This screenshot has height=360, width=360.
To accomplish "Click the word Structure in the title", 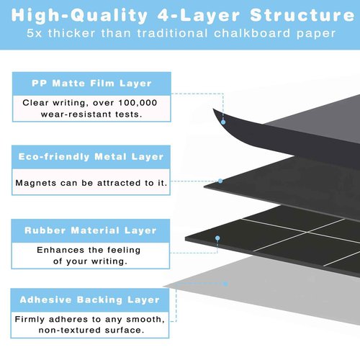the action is (302, 15).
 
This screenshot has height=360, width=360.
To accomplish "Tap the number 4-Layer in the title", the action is (199, 16).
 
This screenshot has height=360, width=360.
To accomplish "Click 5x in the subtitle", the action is (34, 33).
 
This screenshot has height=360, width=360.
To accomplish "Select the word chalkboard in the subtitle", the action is (252, 33).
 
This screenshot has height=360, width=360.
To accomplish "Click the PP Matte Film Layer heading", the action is (91, 84).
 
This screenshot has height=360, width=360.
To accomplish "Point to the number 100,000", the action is (138, 103).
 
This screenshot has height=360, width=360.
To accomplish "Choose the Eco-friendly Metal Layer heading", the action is (91, 157).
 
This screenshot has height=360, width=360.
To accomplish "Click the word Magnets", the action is (36, 183).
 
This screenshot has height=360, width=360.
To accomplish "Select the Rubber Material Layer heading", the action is (91, 230).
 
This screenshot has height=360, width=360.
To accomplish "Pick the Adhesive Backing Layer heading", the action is (90, 300).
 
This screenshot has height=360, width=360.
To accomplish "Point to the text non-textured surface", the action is (91, 330).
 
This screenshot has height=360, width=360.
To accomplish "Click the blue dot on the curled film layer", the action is (223, 122).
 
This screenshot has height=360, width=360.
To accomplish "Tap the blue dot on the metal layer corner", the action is (220, 181).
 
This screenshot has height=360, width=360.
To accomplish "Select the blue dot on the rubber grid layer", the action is (217, 238).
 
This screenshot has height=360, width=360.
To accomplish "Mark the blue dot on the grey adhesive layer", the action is (225, 284).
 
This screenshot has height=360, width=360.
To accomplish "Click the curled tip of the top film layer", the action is (213, 109).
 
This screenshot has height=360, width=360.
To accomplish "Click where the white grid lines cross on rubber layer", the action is (306, 233).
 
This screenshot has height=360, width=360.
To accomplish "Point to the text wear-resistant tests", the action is (91, 114).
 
